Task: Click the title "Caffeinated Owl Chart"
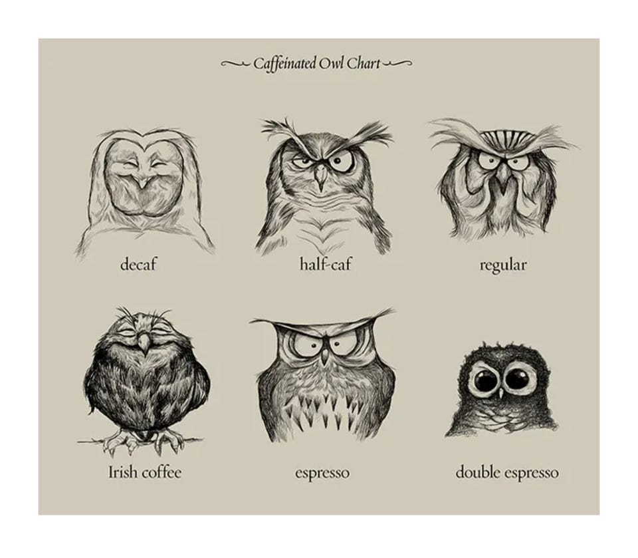pyautogui.click(x=317, y=64)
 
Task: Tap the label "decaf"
pyautogui.click(x=138, y=265)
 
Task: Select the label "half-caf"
pyautogui.click(x=325, y=265)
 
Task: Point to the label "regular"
pyautogui.click(x=503, y=265)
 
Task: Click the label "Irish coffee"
pyautogui.click(x=145, y=472)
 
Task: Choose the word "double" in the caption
pyautogui.click(x=478, y=473)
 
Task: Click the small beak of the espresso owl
pyautogui.click(x=324, y=356)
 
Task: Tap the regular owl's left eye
pyautogui.click(x=486, y=160)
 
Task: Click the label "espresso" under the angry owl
pyautogui.click(x=322, y=474)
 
